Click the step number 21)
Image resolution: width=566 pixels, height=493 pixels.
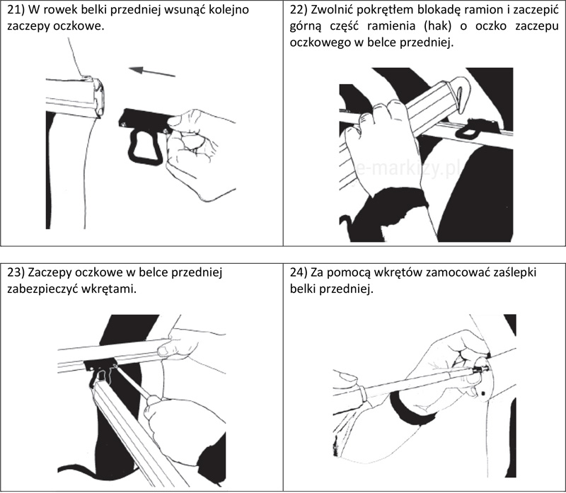(17, 11)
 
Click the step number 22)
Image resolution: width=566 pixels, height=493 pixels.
(301, 11)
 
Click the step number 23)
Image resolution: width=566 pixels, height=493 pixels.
(17, 272)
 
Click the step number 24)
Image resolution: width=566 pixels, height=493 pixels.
(301, 272)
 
